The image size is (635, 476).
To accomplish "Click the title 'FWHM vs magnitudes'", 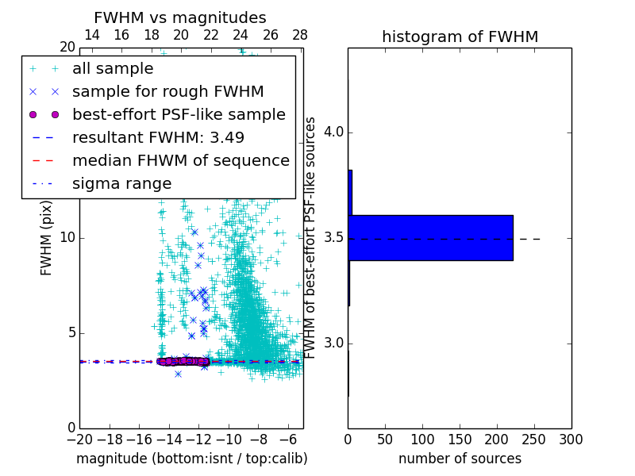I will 179,17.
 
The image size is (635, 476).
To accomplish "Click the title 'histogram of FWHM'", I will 460,36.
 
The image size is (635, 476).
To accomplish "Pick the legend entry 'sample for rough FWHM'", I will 167,92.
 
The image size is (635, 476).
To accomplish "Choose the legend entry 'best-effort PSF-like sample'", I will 179,115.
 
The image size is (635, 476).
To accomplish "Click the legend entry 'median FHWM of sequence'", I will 180,161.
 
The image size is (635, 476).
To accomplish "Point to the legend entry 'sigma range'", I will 121,184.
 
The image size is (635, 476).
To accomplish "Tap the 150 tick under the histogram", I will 460,439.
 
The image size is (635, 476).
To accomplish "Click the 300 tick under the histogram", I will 571,439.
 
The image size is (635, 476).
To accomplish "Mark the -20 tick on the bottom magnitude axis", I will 79,439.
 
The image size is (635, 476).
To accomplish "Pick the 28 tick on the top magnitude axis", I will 300,35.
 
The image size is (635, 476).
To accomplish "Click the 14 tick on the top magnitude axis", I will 91,35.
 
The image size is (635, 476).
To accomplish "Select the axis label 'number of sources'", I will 460,459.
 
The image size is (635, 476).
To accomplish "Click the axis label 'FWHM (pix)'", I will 47,237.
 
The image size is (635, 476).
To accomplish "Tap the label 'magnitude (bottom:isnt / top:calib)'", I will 191,459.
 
